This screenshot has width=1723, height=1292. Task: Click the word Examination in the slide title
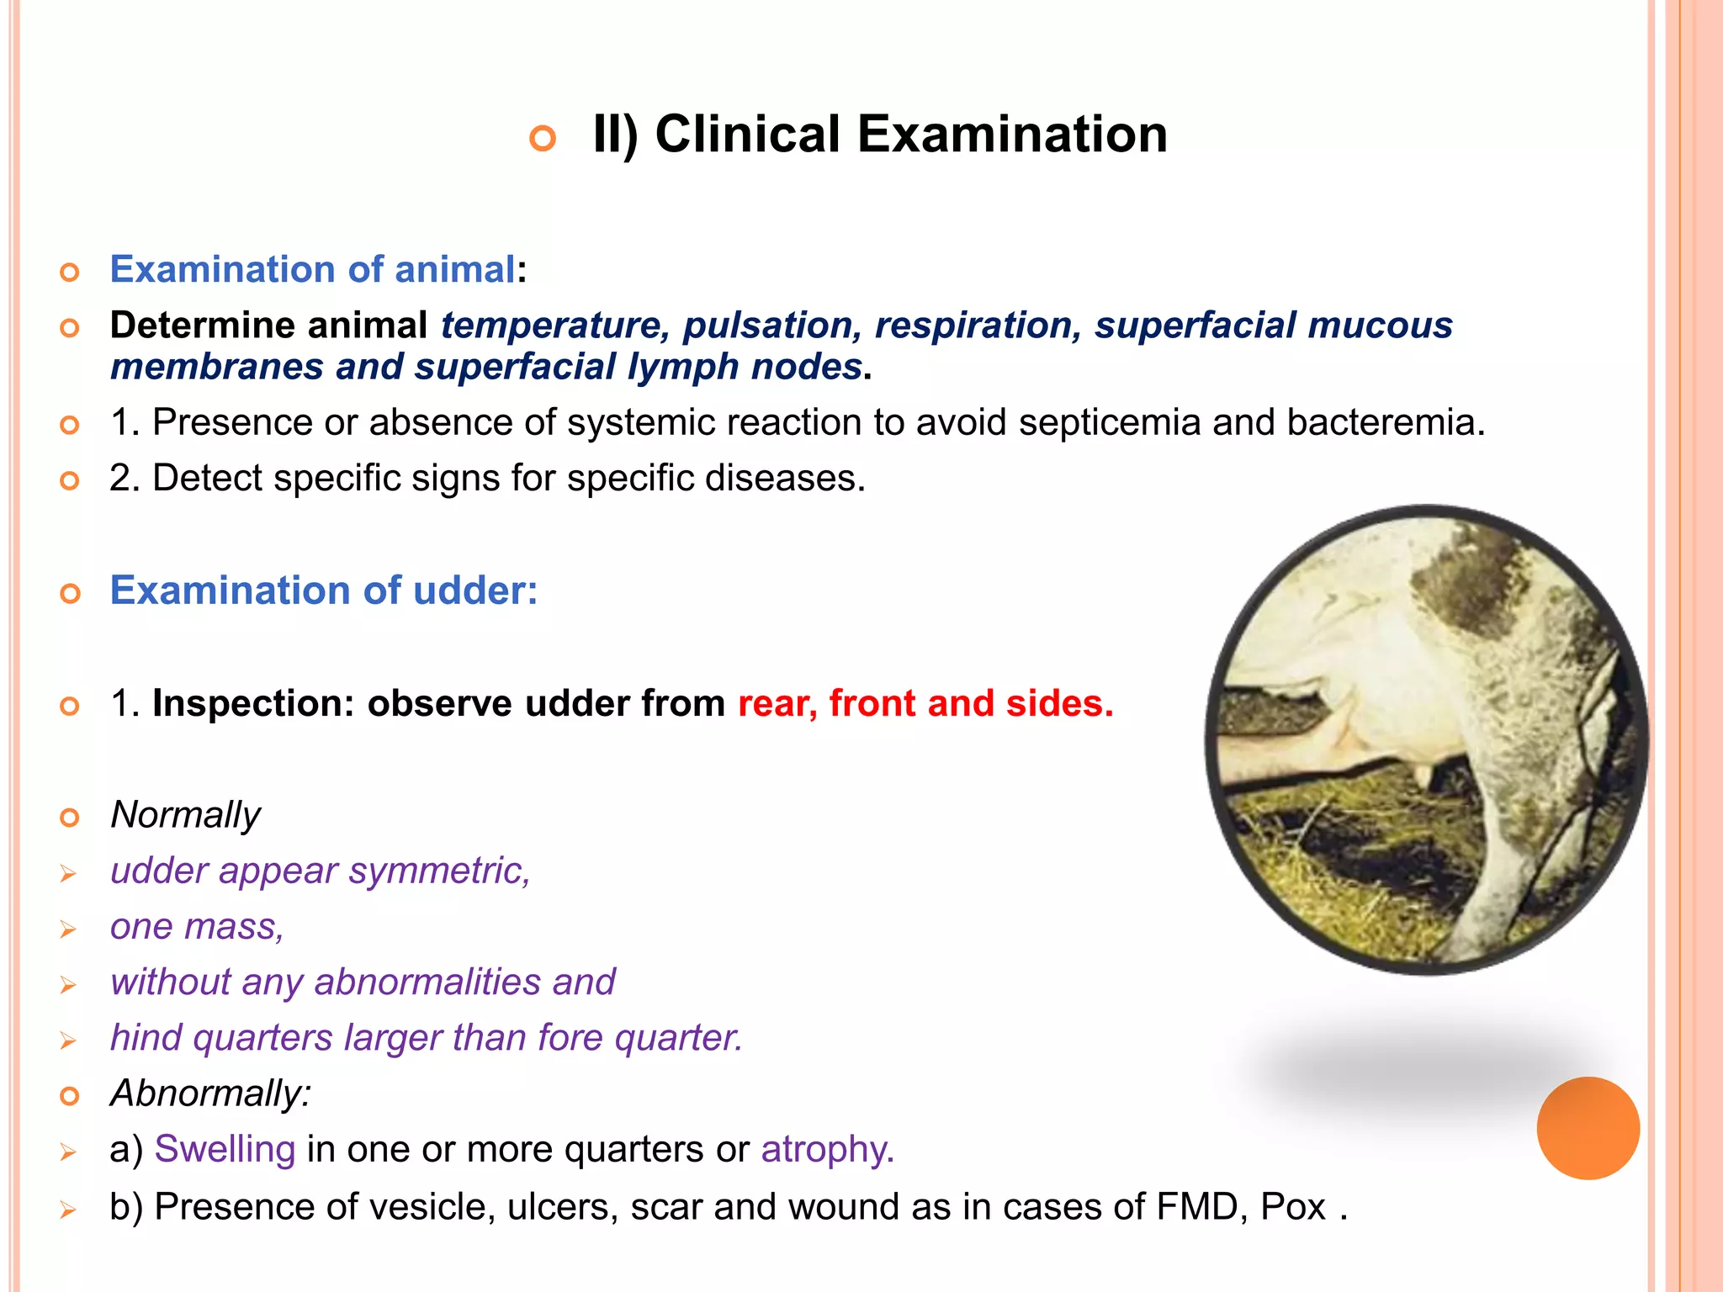1012,135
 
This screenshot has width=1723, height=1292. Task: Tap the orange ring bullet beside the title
543,138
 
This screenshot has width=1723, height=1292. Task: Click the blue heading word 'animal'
454,270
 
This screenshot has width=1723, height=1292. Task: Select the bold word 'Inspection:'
253,703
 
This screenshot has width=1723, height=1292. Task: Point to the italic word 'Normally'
185,815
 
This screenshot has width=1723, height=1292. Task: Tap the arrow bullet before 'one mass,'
68,929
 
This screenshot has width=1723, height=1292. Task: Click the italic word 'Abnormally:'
210,1093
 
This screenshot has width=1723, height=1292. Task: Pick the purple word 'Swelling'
225,1149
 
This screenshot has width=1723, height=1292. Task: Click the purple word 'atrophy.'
827,1149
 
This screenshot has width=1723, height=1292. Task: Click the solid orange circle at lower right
1588,1128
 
